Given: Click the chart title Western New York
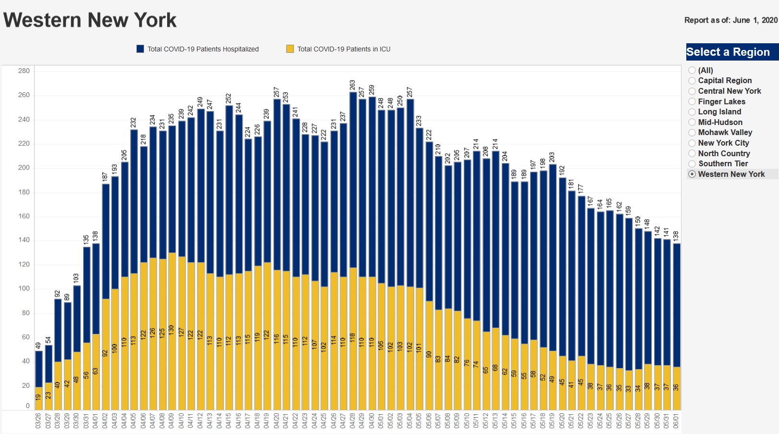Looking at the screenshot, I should [90, 20].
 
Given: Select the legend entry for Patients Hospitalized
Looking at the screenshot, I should [203, 49].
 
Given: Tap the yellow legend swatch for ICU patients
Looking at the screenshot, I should [290, 49].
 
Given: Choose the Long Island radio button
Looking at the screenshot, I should [692, 112].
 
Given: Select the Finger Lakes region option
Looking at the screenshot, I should [692, 101].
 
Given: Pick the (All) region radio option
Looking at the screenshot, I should [692, 70].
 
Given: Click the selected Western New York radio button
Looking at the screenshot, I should [692, 174].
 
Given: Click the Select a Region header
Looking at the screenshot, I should [728, 52].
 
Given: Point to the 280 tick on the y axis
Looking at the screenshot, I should [24, 71].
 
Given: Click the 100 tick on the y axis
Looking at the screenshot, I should [24, 288].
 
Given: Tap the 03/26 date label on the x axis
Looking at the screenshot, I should [38, 421].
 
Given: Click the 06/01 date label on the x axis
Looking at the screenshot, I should [676, 421].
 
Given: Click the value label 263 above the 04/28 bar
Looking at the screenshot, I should [353, 86].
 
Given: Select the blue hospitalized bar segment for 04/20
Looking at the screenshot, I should [277, 183].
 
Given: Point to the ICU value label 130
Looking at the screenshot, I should [171, 331].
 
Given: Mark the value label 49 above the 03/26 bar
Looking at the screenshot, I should [38, 345].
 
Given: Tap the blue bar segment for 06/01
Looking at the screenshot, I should [676, 303].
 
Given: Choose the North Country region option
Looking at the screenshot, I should [692, 153].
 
